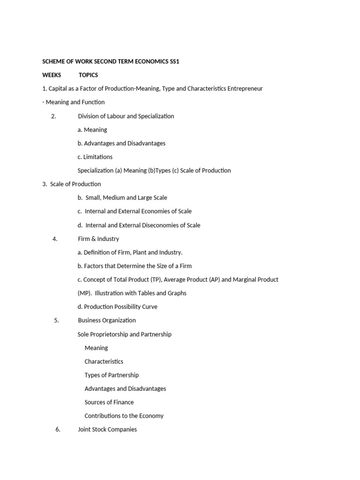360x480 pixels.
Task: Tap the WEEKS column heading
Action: click(52, 75)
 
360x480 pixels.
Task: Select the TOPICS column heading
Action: click(88, 75)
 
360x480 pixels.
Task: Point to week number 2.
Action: click(53, 116)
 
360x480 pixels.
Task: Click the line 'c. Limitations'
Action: click(95, 157)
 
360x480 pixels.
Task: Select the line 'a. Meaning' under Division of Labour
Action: click(92, 130)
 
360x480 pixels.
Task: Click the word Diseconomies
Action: click(161, 225)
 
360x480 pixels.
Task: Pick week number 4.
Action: click(55, 239)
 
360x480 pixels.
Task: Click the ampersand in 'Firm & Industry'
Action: click(93, 239)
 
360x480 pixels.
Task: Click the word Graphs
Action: click(176, 293)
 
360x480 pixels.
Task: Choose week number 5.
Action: click(56, 321)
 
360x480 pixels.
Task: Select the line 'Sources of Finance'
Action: click(109, 402)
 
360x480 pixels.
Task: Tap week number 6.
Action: click(58, 429)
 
